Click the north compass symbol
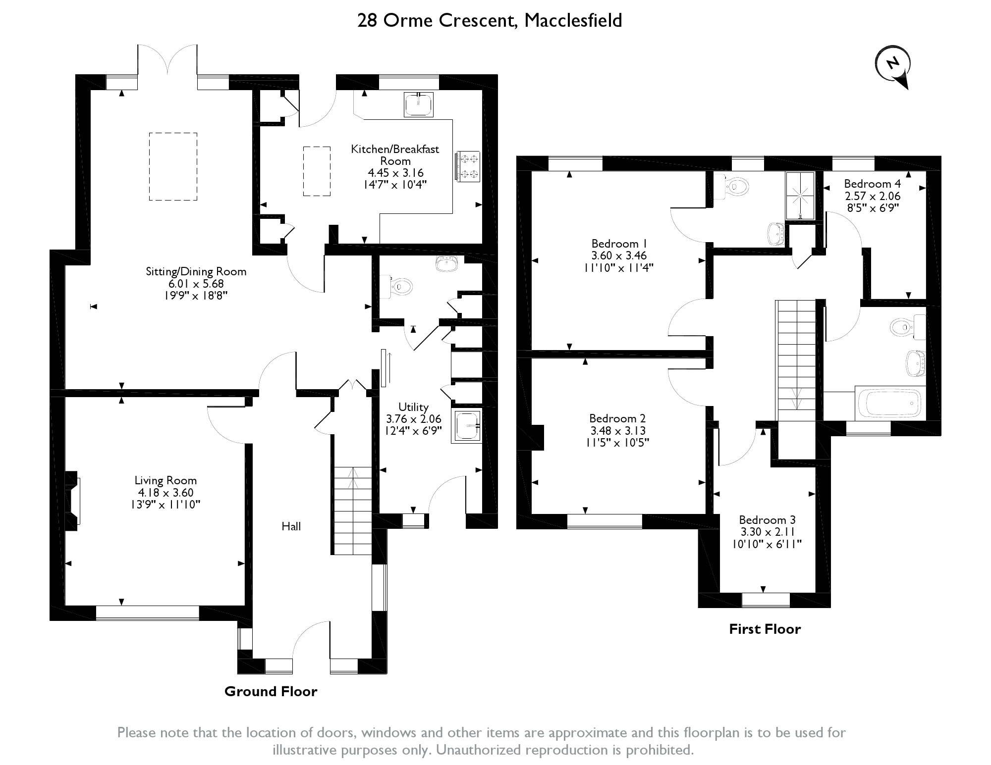[x=893, y=65]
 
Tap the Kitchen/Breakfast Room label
[x=395, y=154]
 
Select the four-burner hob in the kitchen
[x=468, y=166]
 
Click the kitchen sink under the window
[x=419, y=104]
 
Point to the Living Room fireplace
[x=73, y=501]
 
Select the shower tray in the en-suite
[x=800, y=196]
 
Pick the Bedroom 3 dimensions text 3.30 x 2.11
[x=767, y=532]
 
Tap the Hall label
[x=291, y=526]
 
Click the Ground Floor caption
[x=271, y=691]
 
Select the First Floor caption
[x=765, y=629]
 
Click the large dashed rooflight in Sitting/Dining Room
[x=173, y=166]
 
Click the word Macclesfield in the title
[x=573, y=21]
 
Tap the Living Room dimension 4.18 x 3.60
[x=165, y=493]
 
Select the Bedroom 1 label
[x=618, y=244]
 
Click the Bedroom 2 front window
[x=605, y=521]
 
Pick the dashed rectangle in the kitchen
[x=317, y=171]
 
